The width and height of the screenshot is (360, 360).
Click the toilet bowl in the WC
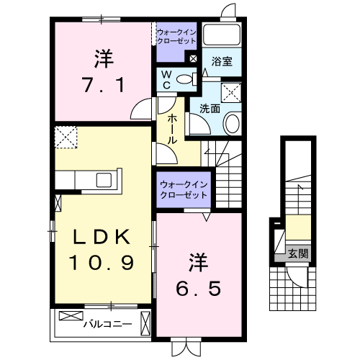[184, 78]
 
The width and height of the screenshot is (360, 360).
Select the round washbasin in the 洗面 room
[231, 123]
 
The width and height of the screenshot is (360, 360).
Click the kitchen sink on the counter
[104, 180]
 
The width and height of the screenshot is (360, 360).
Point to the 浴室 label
[222, 61]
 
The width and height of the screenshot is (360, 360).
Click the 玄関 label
[298, 253]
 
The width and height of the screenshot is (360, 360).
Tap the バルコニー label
[107, 325]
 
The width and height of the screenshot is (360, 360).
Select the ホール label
[172, 129]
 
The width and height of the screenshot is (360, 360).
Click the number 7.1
[104, 85]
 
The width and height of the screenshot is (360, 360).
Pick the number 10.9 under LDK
[102, 263]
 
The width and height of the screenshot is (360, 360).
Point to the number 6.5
[199, 289]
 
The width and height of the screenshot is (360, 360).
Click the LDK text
[102, 237]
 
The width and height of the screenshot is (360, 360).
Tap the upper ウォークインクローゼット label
[176, 37]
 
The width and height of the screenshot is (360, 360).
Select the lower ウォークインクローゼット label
[184, 190]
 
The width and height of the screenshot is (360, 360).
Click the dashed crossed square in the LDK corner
[66, 137]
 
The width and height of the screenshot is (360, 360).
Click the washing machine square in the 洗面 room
[231, 93]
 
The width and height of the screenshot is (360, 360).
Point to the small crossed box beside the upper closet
[193, 58]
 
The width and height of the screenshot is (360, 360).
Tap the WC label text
[166, 80]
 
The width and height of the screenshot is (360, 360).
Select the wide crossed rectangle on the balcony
[71, 316]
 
